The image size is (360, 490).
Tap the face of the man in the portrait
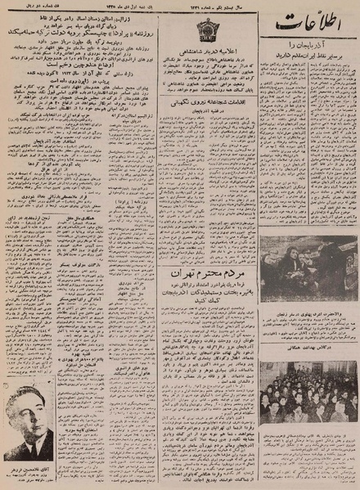[x=30, y=410]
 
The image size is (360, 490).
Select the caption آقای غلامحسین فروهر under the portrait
[x=31, y=474]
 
